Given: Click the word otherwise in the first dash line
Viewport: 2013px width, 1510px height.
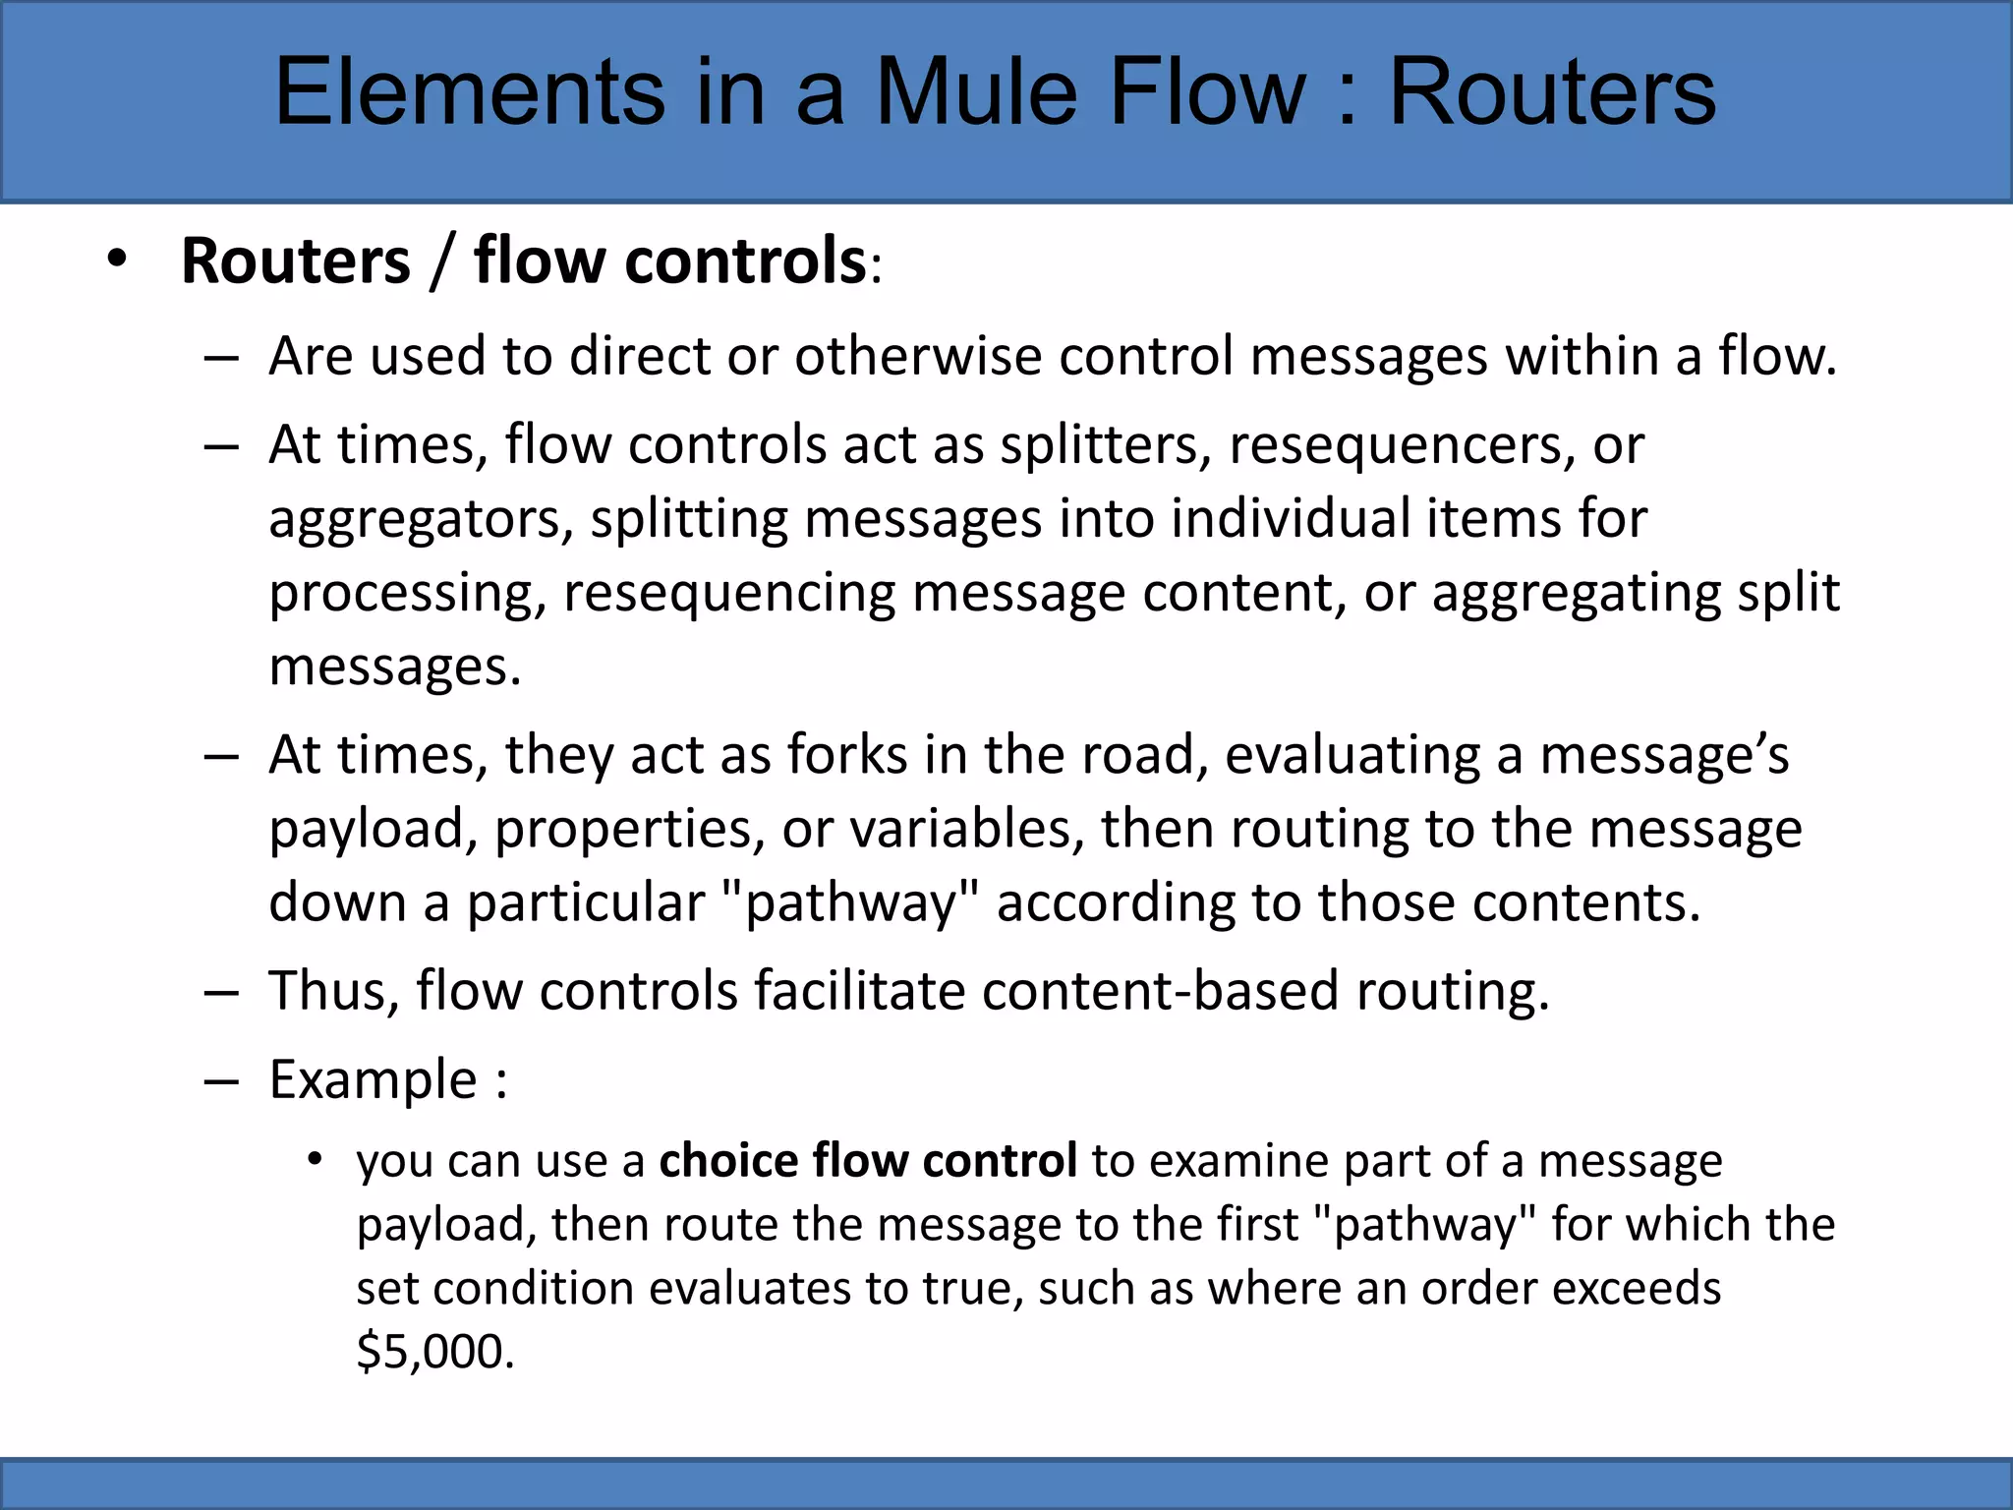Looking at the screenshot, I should tap(917, 355).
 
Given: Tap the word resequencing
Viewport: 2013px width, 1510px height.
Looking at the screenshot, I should tap(727, 594).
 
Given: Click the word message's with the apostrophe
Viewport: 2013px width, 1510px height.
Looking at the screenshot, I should tap(1663, 755).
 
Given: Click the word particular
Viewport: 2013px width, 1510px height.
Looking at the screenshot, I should tap(585, 902).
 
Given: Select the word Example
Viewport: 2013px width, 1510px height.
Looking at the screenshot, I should tap(373, 1080).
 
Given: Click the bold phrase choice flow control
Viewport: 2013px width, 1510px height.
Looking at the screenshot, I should tap(868, 1161).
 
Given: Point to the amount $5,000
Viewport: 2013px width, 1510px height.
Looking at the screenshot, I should tap(434, 1352).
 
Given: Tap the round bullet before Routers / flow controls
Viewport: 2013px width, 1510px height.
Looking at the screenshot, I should tap(118, 261).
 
